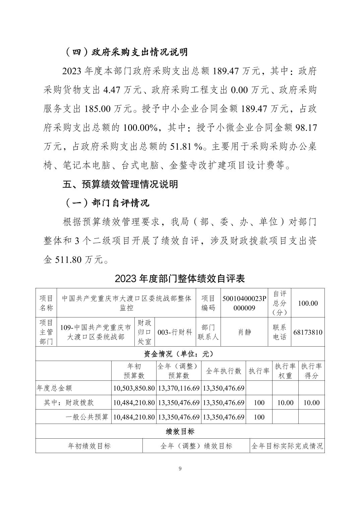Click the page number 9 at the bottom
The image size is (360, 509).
180,468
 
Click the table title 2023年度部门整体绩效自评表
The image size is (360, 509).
180,278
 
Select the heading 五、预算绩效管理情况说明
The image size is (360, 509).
120,184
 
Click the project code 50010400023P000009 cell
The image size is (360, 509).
244,303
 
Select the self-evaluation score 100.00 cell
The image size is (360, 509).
308,303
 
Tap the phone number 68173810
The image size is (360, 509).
308,332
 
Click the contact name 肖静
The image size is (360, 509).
244,332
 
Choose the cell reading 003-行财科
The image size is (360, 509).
175,332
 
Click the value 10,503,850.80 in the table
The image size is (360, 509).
134,388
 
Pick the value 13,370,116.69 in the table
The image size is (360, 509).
179,388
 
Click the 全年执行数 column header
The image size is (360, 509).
224,371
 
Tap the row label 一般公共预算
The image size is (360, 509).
87,417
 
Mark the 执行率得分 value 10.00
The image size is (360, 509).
311,403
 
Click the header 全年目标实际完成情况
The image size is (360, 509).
287,446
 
